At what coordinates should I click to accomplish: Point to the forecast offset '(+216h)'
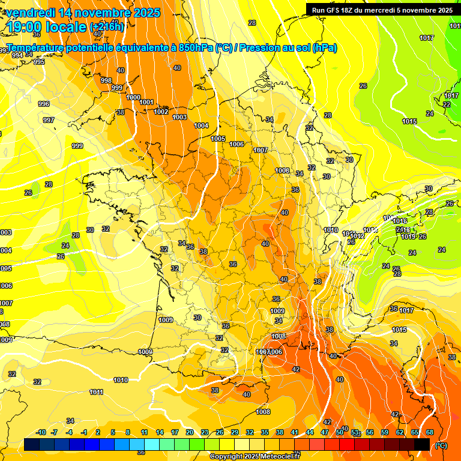pyautogui.click(x=107, y=27)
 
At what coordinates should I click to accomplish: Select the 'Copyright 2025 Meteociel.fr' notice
pyautogui.click(x=254, y=456)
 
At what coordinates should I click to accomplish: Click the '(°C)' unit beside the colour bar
pyautogui.click(x=441, y=445)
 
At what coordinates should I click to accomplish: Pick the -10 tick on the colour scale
pyautogui.click(x=41, y=432)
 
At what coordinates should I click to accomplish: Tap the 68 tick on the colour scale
pyautogui.click(x=430, y=432)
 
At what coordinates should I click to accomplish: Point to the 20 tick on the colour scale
pyautogui.click(x=190, y=432)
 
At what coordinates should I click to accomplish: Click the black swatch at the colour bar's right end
pyautogui.click(x=422, y=444)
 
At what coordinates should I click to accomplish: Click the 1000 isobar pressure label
pyautogui.click(x=133, y=97)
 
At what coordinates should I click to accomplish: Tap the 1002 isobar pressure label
pyautogui.click(x=161, y=112)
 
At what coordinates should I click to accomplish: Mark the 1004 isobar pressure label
pyautogui.click(x=201, y=125)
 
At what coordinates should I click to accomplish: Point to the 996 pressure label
pyautogui.click(x=44, y=104)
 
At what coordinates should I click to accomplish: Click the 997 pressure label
pyautogui.click(x=49, y=120)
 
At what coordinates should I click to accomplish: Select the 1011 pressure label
pyautogui.click(x=96, y=392)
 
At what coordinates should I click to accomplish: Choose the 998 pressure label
pyautogui.click(x=106, y=80)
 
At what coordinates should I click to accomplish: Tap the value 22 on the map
pyautogui.click(x=446, y=104)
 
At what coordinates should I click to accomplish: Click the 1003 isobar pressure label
pyautogui.click(x=179, y=117)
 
